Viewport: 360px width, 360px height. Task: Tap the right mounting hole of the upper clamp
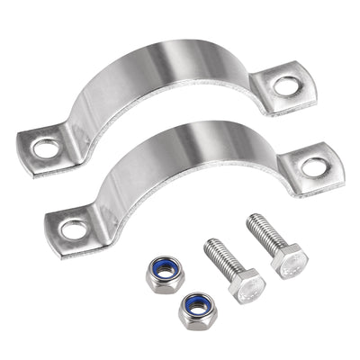[x=286, y=86]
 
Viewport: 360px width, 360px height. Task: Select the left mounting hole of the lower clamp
[x=75, y=229]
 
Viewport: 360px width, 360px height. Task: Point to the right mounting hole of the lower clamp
[x=313, y=166]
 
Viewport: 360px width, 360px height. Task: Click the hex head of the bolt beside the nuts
[x=246, y=286]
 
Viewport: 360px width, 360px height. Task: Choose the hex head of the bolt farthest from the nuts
[x=290, y=260]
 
